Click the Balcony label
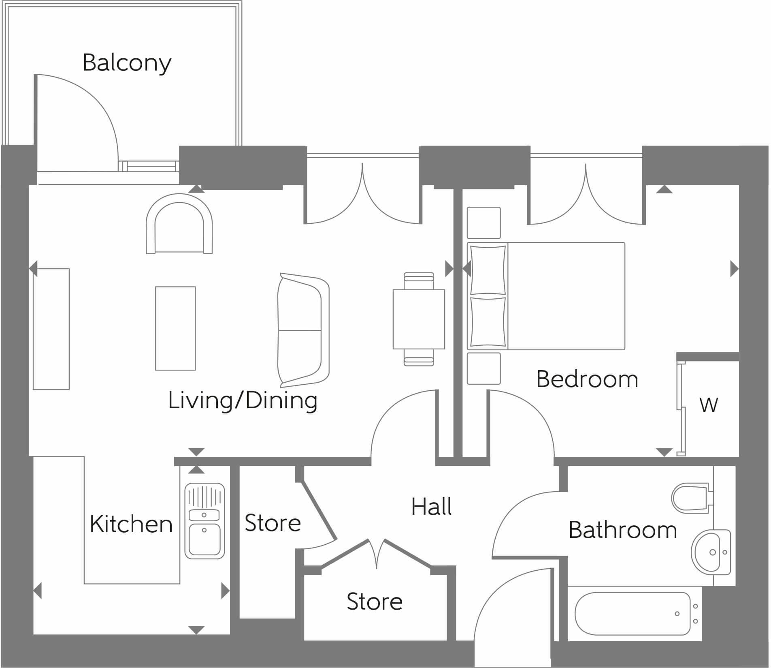click(x=127, y=63)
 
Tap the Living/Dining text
click(x=243, y=400)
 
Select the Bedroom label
click(x=587, y=379)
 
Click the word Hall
click(x=431, y=507)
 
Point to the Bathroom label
click(x=623, y=530)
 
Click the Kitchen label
click(x=131, y=524)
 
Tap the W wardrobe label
click(x=709, y=405)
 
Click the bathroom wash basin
click(x=710, y=552)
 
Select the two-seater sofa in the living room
click(x=302, y=330)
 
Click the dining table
click(x=419, y=319)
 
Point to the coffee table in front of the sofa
click(x=175, y=328)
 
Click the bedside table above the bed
click(x=483, y=223)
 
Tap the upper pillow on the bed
click(x=488, y=270)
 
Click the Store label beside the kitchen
click(x=273, y=523)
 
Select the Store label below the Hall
click(x=375, y=602)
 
